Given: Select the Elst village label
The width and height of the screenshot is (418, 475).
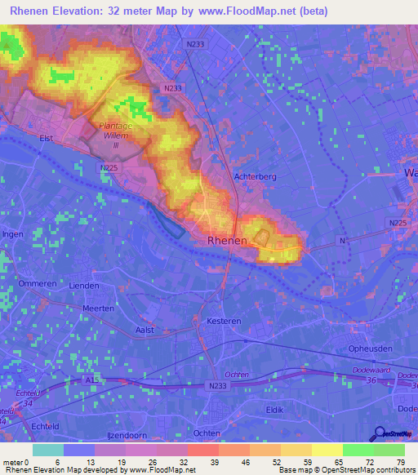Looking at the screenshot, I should pos(47,138).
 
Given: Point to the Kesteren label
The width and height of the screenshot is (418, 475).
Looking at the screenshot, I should pos(224,322).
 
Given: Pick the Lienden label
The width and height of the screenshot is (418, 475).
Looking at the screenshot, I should pos(83,286).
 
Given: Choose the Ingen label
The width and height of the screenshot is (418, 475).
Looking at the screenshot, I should pos(13,234).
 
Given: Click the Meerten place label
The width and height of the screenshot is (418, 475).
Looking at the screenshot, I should pos(99,309).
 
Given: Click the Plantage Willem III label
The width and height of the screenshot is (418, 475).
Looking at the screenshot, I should pos(115,135).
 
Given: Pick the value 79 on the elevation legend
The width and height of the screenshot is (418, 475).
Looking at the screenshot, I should pos(400,462).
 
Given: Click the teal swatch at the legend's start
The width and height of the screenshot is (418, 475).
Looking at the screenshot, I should pos(48,450).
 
